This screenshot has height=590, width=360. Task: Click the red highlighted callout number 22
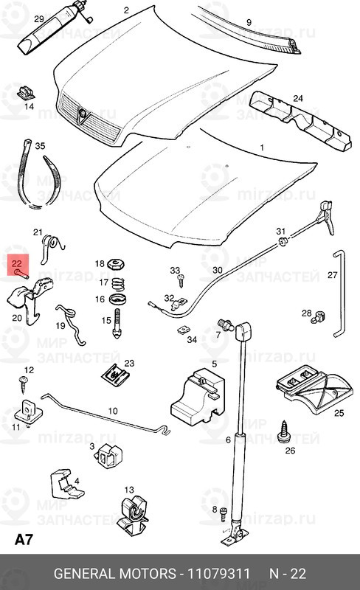click(18, 261)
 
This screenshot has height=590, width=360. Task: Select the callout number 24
click(298, 98)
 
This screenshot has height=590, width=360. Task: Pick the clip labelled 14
click(24, 93)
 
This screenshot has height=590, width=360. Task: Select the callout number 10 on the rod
click(113, 411)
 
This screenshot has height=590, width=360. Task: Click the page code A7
click(24, 540)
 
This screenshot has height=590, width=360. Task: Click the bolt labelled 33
click(178, 281)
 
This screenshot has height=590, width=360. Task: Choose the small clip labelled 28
click(318, 318)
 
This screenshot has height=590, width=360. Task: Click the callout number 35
click(40, 146)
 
